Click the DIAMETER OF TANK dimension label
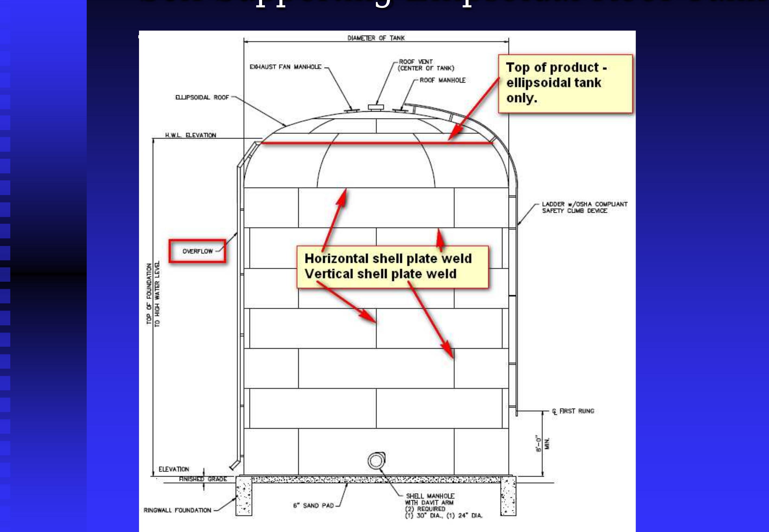376,38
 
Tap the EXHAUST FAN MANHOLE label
285,67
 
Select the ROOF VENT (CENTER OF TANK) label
426,65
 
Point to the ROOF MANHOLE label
442,80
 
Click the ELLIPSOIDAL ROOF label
202,97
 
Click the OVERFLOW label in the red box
198,251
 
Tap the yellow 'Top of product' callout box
565,83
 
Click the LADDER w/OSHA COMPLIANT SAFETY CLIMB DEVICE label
584,207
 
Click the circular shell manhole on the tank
376,461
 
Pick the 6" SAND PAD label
314,506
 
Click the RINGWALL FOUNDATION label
177,510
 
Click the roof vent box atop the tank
376,107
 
